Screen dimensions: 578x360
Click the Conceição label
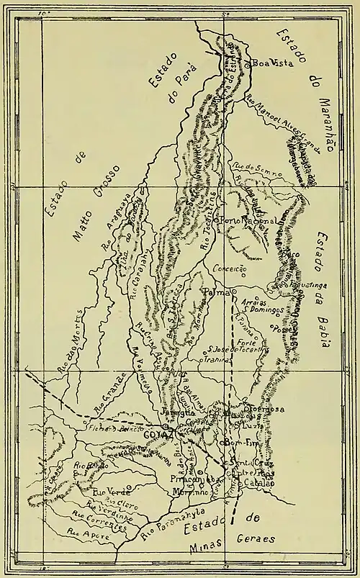pos(230,268)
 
